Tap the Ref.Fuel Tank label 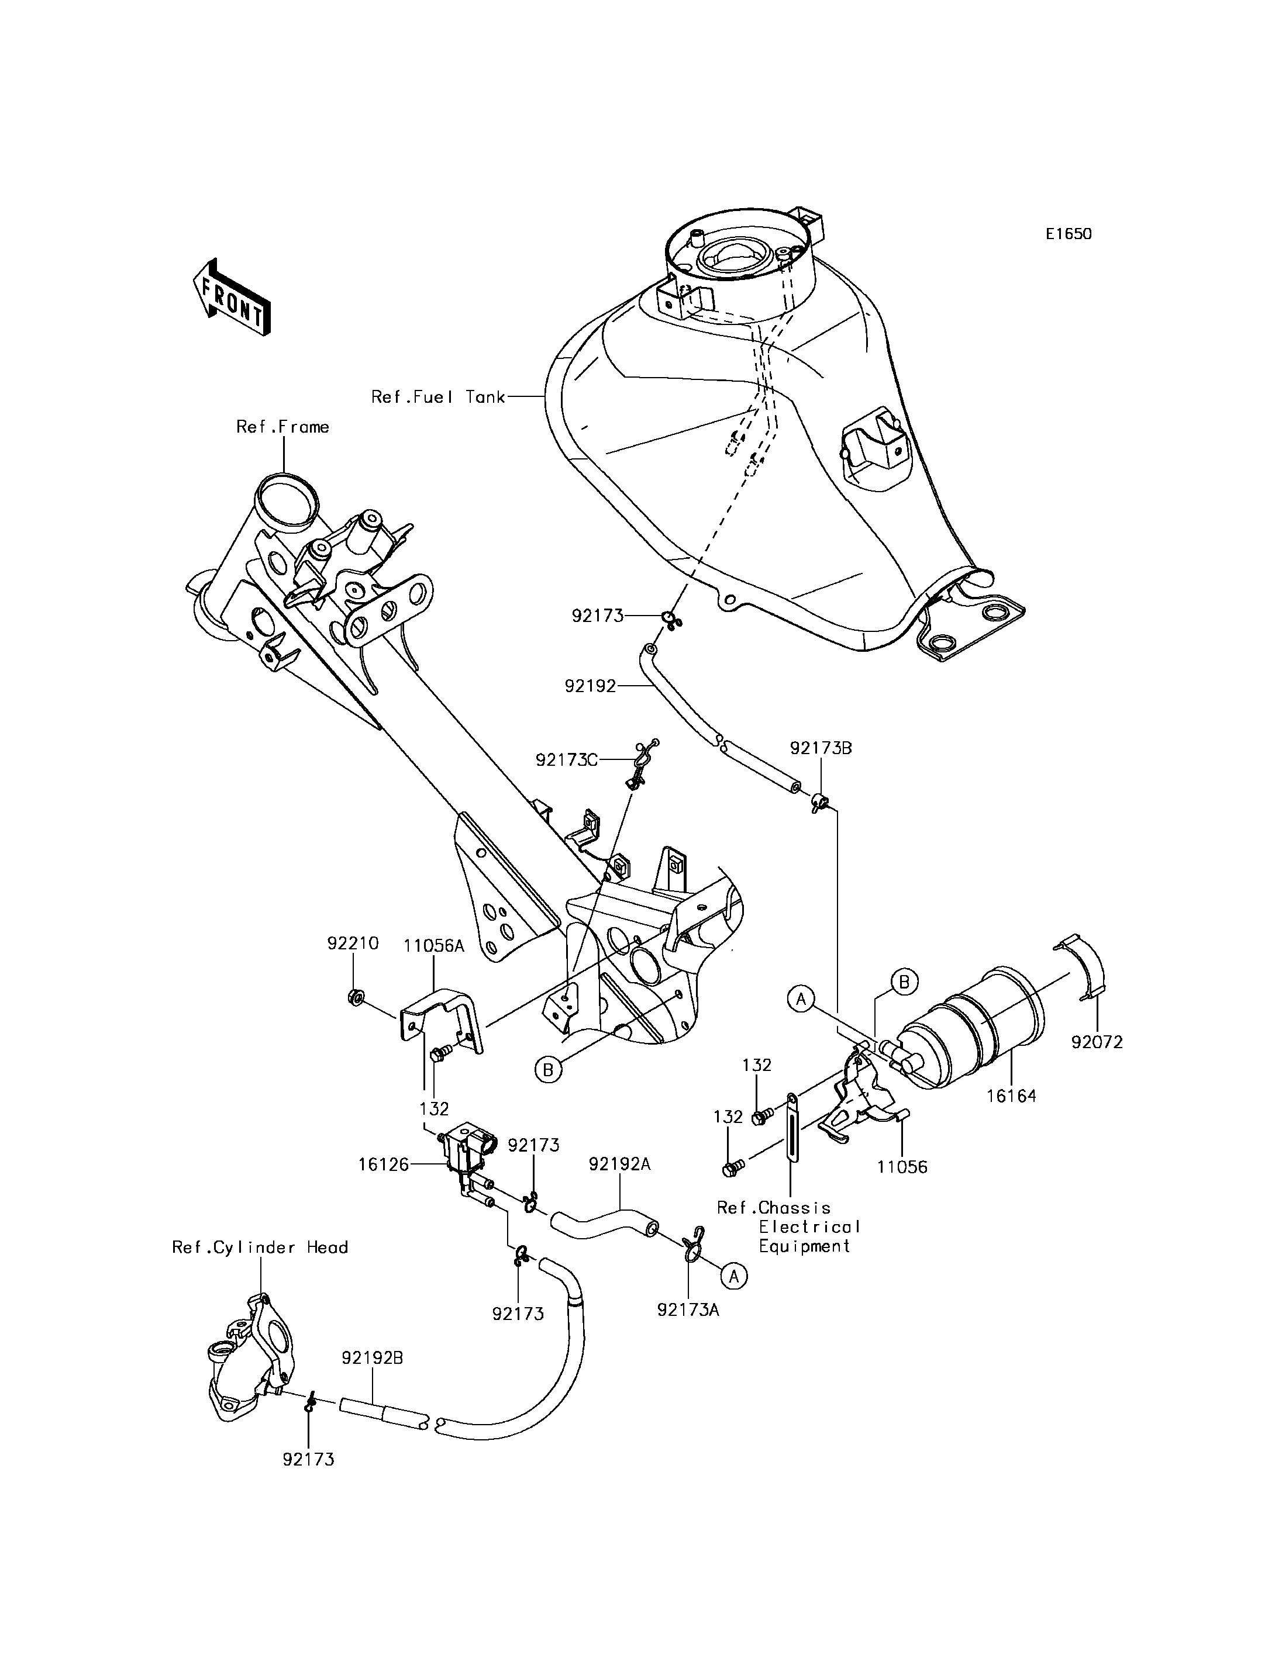tap(438, 397)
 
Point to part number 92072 tap(1097, 1042)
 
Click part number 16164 tap(1011, 1096)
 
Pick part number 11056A tap(434, 946)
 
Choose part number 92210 tap(353, 943)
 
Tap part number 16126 tap(384, 1186)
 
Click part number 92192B tap(373, 1358)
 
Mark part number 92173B tap(821, 748)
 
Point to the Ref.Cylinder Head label tap(260, 1248)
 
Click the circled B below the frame tap(547, 1070)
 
